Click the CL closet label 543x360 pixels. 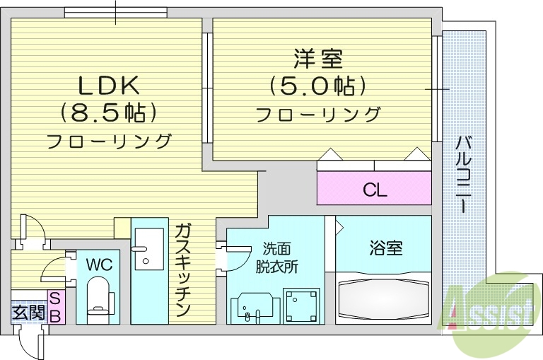[374, 190]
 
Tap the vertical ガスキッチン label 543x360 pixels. [182, 269]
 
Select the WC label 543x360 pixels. [98, 265]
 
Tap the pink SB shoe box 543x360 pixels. [55, 306]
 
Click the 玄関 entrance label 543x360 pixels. [28, 310]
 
